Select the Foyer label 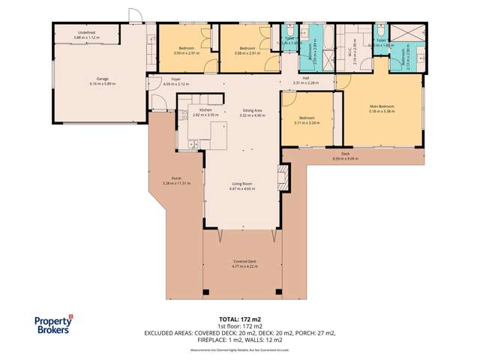click(176, 79)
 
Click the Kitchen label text click(205, 110)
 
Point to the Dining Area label click(252, 110)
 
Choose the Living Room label click(242, 184)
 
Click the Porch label click(177, 178)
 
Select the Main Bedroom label click(382, 106)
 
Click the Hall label click(306, 77)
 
